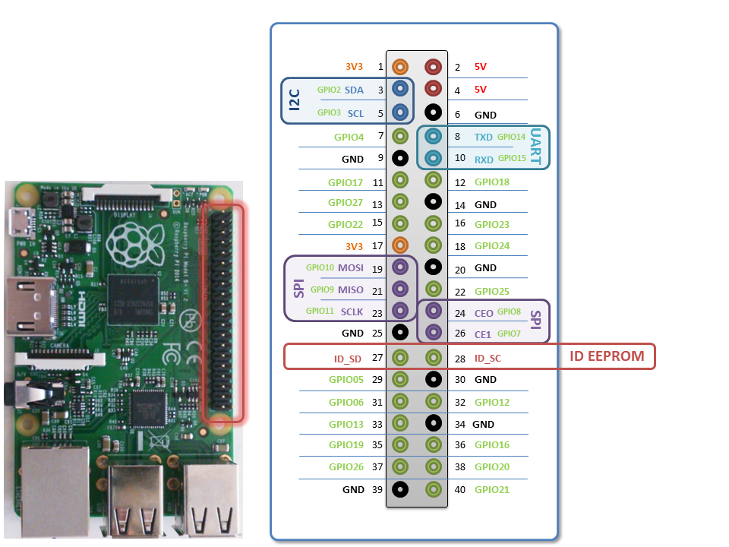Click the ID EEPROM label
coord(607,356)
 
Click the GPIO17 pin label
coord(346,182)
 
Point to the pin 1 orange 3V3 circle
coord(400,67)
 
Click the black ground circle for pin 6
coord(433,112)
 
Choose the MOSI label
coord(351,268)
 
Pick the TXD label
coord(484,138)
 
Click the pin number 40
coord(459,490)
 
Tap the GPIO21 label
coord(492,490)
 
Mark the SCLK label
coord(352,312)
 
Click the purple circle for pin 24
coord(433,310)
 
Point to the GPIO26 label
coord(346,467)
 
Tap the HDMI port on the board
coord(24,306)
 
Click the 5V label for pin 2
coord(480,67)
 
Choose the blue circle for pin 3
coord(400,90)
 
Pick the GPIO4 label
coord(349,138)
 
